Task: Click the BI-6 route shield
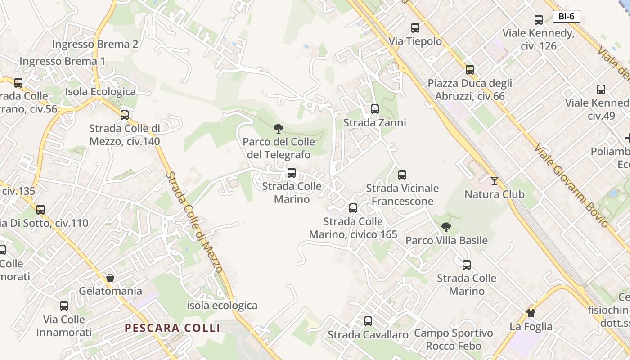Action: coord(566,17)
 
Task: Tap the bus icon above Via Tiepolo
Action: coord(415,28)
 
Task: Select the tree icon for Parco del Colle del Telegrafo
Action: coord(279,129)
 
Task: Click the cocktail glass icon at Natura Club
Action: coord(495,181)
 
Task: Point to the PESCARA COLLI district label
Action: coord(173,328)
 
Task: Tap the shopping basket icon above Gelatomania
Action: coord(110,278)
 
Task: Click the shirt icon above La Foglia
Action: coord(531,313)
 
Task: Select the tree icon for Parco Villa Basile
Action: coord(446,227)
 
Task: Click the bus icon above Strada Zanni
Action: coord(375,109)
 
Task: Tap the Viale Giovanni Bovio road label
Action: coord(572,185)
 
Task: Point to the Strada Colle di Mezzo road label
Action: coord(194,222)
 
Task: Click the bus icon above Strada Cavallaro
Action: coord(368,321)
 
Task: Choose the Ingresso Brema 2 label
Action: coord(95,44)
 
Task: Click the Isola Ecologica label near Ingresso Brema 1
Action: coord(100,92)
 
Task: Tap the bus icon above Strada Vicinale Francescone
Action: coord(402,175)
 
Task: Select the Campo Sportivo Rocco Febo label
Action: coord(454,340)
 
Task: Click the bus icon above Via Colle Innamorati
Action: coord(64,306)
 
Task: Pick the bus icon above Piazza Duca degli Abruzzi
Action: coord(470,70)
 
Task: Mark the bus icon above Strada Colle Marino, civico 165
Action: coord(353,208)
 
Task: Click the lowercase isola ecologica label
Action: coord(222,306)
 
